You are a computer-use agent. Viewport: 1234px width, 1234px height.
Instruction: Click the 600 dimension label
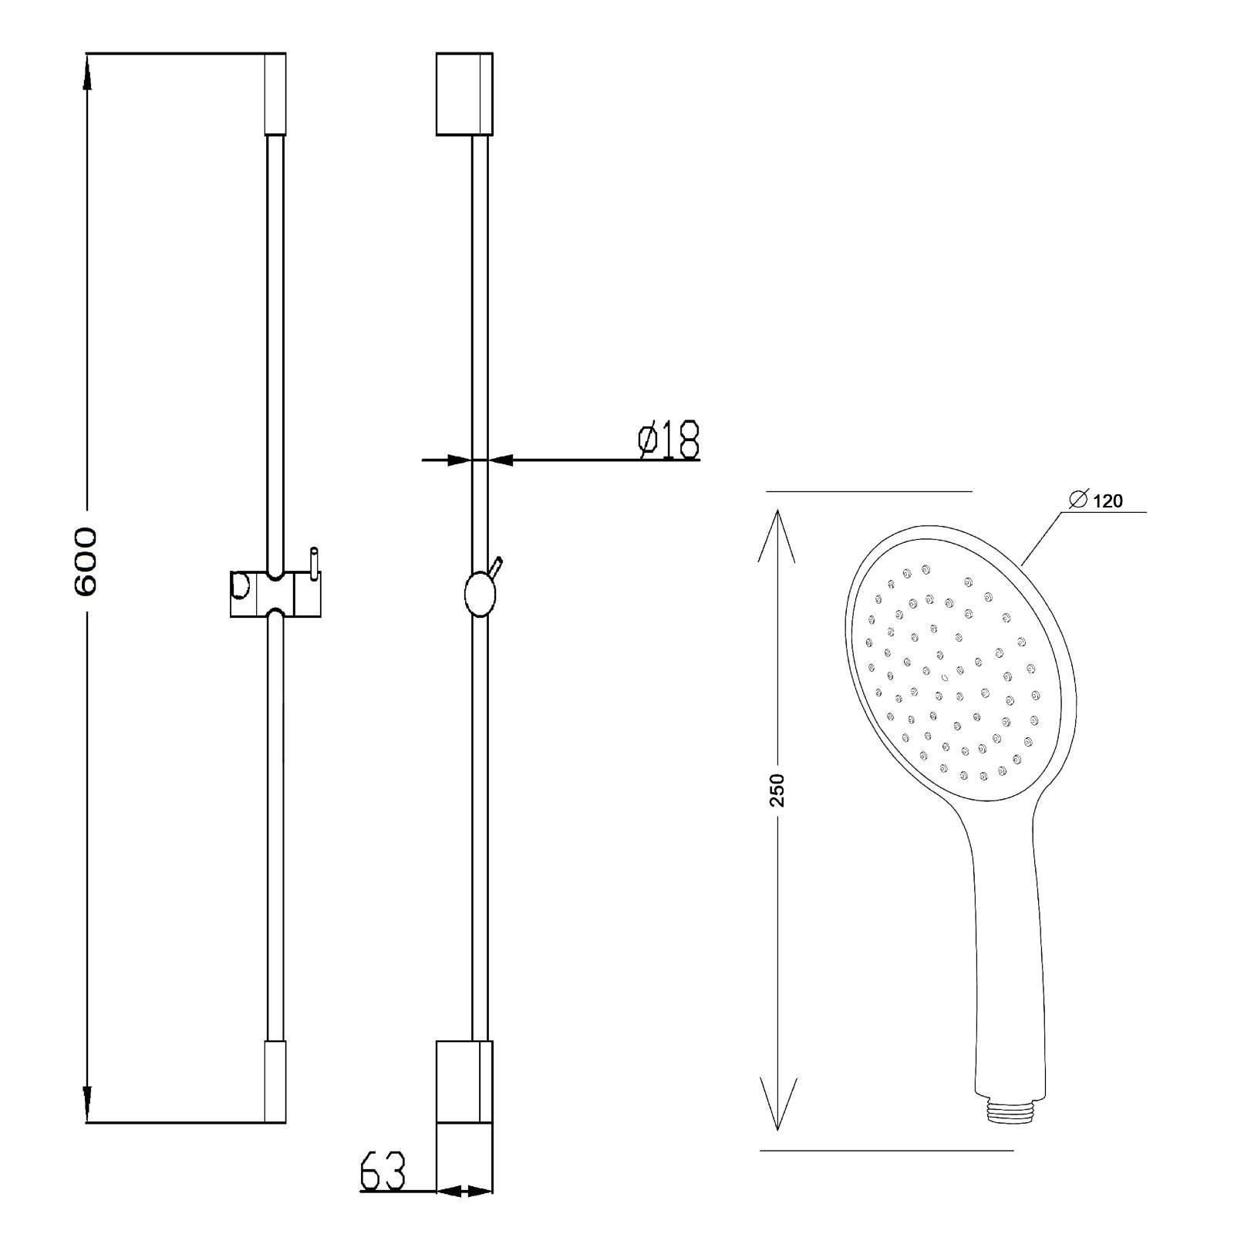tap(86, 561)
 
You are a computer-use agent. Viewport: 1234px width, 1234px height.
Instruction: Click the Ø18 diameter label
tap(669, 440)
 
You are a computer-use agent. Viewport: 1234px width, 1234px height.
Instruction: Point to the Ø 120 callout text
tap(1096, 501)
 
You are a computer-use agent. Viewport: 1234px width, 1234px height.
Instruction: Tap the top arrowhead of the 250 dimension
tap(777, 536)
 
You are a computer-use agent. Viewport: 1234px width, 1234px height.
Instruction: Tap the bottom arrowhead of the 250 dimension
tap(777, 1103)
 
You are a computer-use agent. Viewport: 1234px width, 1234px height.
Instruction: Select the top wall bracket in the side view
tap(464, 94)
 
